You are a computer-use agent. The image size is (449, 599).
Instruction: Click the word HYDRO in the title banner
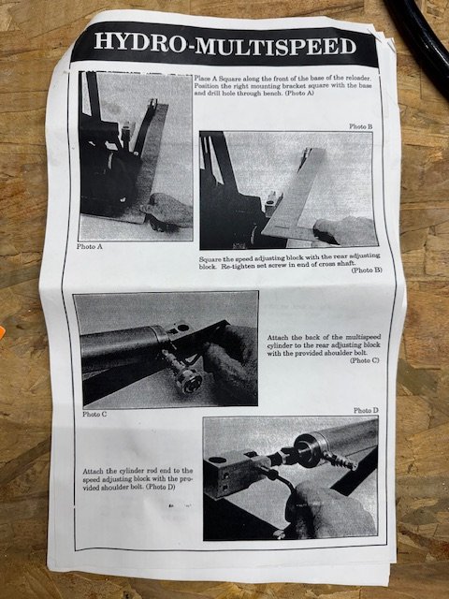(x=140, y=42)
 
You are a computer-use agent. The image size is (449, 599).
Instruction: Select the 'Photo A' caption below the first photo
(x=90, y=246)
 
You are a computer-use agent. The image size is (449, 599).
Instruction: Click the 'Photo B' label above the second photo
(x=361, y=126)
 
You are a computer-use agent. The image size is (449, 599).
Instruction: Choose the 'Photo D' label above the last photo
(x=366, y=410)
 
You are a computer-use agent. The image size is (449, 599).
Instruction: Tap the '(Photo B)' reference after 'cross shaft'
(x=366, y=270)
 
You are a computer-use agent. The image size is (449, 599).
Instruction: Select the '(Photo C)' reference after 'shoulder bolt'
(x=365, y=360)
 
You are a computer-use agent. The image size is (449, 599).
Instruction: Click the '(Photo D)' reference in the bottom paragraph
(x=160, y=487)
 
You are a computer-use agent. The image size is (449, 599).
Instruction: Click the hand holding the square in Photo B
(x=343, y=230)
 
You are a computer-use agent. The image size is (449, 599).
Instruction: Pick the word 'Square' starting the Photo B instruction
(x=210, y=259)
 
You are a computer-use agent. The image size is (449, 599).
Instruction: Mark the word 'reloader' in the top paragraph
(x=357, y=79)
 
